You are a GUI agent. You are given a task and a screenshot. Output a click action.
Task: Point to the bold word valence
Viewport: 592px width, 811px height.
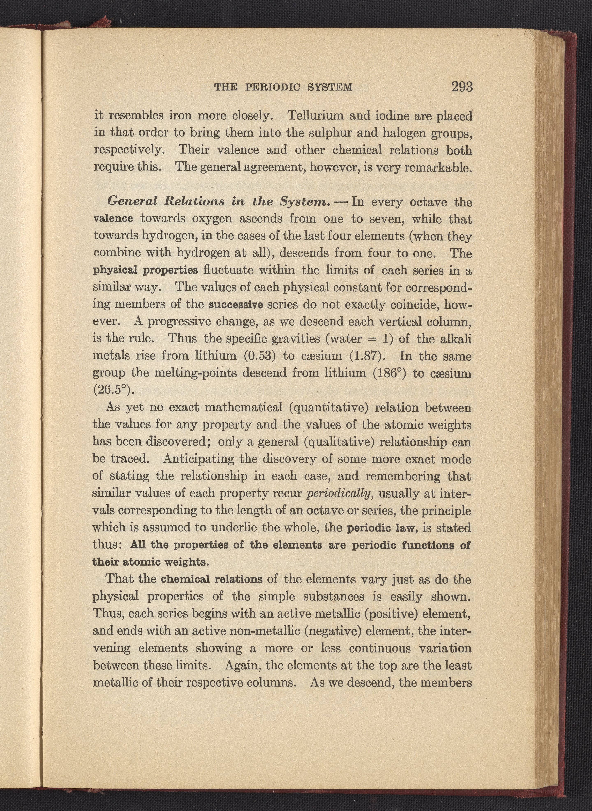click(x=113, y=219)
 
